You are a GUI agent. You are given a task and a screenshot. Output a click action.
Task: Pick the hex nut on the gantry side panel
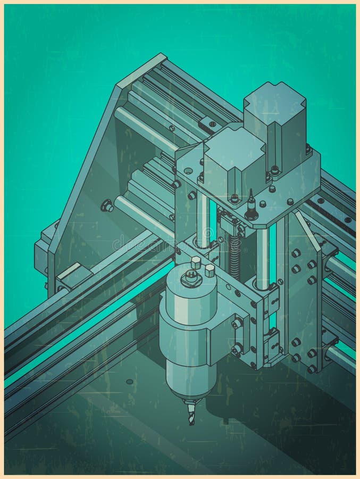pos(107,205)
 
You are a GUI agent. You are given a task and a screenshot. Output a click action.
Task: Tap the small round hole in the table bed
pos(130,382)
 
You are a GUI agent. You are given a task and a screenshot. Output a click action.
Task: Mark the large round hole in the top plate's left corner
pos(188,171)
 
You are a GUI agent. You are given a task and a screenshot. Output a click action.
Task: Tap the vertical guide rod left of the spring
pos(203,218)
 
